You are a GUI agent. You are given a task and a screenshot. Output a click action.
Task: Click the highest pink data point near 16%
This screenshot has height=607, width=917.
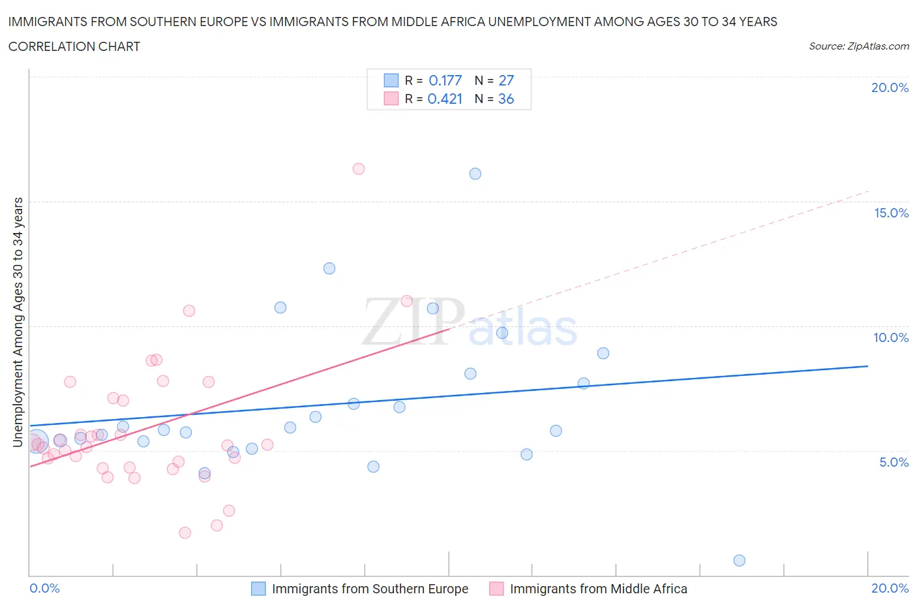(x=358, y=169)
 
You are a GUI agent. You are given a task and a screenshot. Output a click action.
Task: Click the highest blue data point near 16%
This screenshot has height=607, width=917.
(x=475, y=174)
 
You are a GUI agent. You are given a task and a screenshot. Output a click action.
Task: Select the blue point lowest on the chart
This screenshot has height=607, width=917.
(x=739, y=561)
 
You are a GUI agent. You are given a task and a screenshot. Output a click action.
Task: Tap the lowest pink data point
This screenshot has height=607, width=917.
(x=185, y=533)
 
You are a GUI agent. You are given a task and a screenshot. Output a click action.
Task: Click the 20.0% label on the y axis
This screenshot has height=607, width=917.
(x=890, y=87)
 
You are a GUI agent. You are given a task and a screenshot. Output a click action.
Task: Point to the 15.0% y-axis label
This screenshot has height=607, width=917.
(x=891, y=213)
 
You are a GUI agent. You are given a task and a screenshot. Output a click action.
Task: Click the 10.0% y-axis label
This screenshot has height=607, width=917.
(x=891, y=337)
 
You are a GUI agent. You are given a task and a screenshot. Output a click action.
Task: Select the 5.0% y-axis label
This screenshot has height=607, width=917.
(x=894, y=462)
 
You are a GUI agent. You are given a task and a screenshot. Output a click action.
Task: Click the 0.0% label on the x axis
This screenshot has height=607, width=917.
(x=44, y=588)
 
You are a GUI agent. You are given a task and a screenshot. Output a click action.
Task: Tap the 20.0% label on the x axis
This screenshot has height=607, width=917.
(x=890, y=588)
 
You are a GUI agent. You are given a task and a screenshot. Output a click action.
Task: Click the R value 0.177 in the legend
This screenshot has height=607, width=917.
(x=445, y=80)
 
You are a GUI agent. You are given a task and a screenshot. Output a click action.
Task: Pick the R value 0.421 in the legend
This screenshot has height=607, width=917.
(x=445, y=99)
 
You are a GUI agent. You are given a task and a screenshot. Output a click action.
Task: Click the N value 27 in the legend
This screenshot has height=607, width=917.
(x=506, y=80)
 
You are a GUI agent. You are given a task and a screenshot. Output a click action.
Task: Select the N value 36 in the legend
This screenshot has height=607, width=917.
(x=506, y=99)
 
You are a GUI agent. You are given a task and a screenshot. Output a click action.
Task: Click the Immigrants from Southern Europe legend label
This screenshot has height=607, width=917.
(x=370, y=589)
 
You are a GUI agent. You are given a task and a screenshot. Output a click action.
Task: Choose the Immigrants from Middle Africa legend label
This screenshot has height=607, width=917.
(x=598, y=589)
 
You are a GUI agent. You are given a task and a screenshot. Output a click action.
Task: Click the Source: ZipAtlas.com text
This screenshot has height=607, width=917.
(x=858, y=46)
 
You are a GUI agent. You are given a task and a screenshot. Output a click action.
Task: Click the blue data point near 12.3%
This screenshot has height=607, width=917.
(x=329, y=268)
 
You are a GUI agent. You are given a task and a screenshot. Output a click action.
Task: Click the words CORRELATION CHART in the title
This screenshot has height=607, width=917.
(x=74, y=46)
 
